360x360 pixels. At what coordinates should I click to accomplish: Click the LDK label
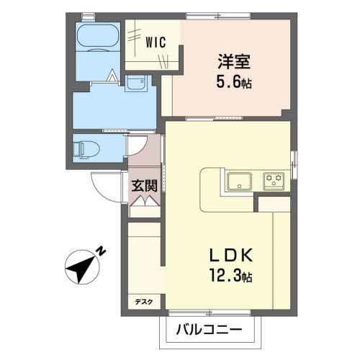230,256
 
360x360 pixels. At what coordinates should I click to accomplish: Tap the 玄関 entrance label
144,184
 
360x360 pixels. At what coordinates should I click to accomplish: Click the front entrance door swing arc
103,189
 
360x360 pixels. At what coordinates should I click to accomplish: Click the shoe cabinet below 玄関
144,205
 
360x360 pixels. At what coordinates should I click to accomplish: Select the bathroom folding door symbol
114,75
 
